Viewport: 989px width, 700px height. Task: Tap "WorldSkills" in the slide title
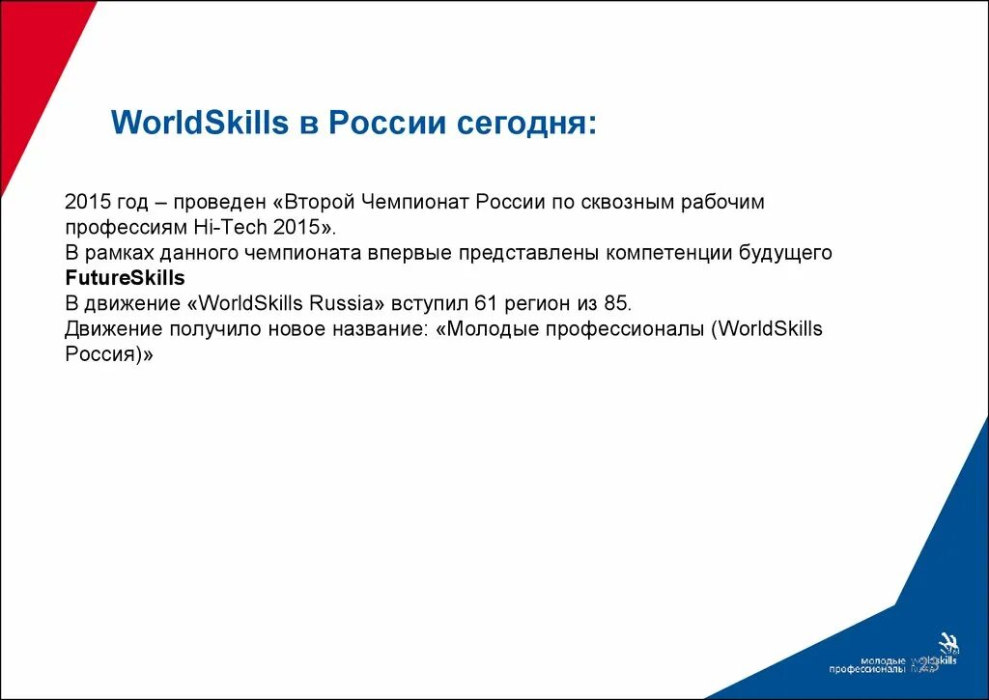pos(200,124)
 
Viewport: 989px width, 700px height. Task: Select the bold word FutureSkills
pos(125,278)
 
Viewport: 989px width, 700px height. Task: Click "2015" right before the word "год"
pos(84,203)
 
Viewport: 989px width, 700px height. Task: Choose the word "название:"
pos(380,328)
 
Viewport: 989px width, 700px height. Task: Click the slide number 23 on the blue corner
pos(928,663)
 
